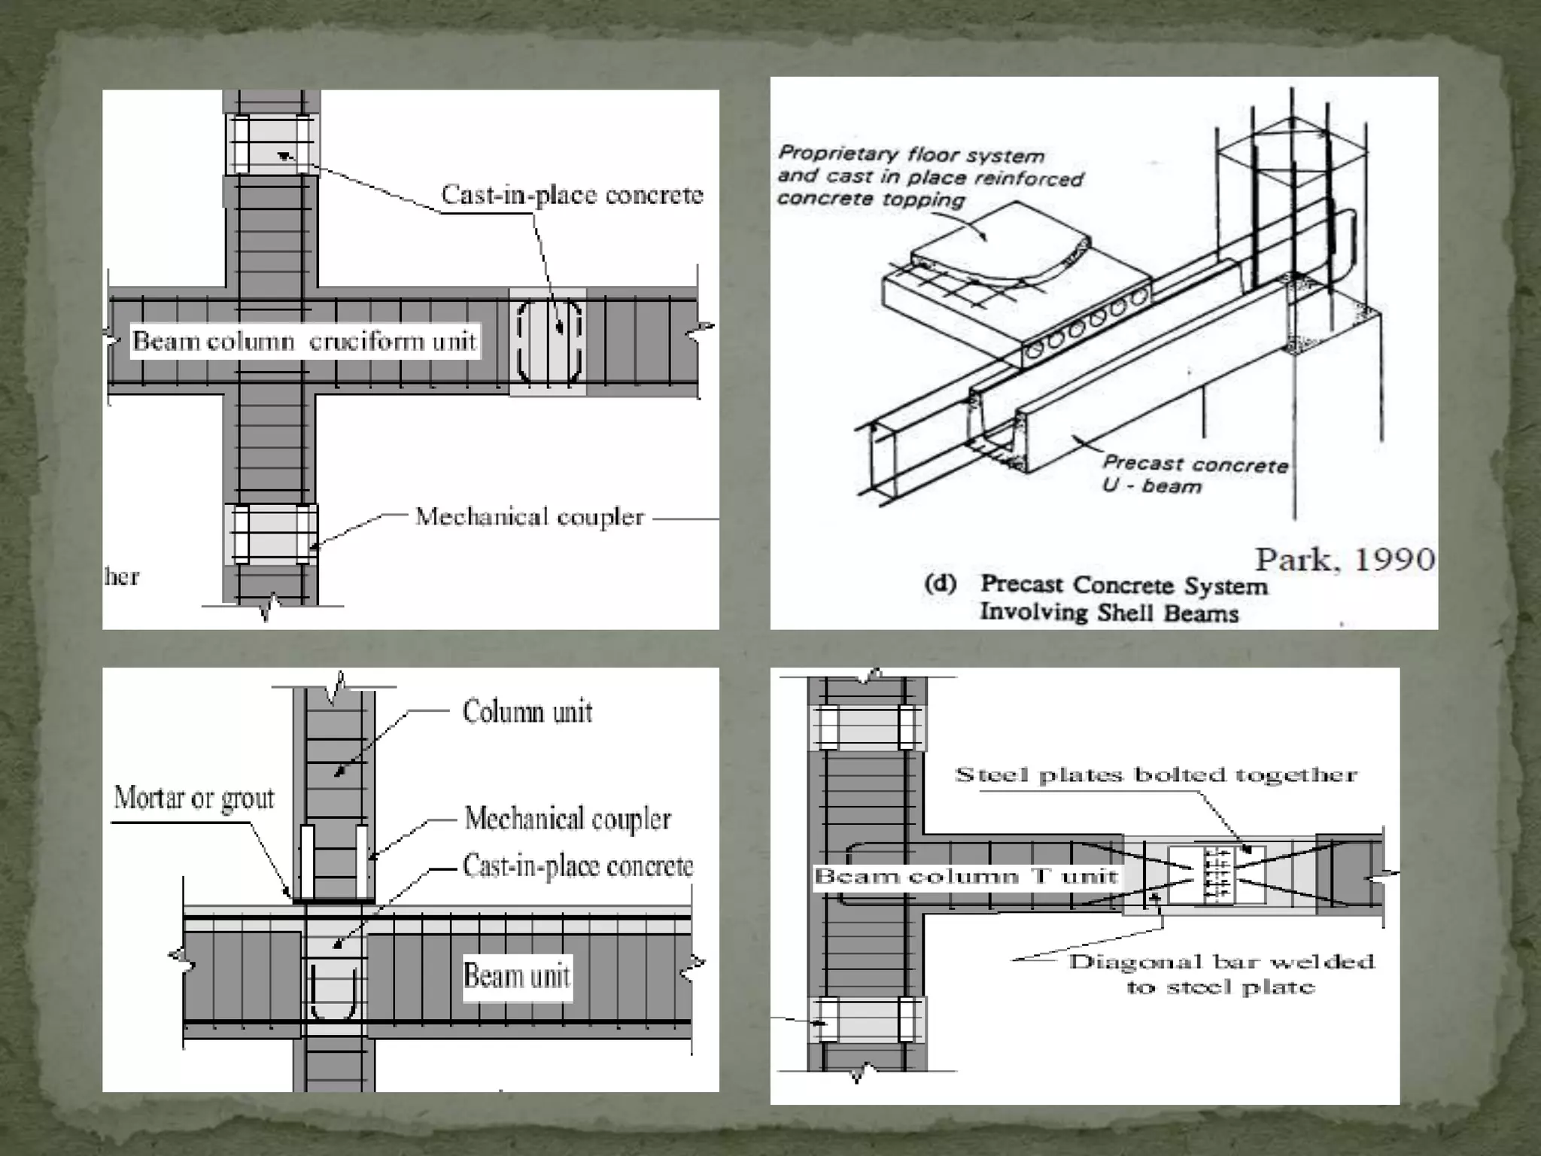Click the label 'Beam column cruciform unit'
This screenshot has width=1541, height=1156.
(304, 341)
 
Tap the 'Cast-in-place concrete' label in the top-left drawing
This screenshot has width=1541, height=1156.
(572, 195)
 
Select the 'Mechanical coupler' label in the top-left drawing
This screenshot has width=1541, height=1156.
(530, 517)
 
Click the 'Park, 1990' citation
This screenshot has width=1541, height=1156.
(1345, 559)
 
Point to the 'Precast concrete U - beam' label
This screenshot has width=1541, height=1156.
(1194, 475)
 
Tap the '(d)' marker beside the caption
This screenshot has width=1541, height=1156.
(940, 584)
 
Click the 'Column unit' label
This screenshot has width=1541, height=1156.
(527, 712)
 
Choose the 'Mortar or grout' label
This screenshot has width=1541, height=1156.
(194, 799)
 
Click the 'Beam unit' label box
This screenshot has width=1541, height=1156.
(517, 976)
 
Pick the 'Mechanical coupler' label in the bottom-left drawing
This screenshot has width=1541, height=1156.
(567, 819)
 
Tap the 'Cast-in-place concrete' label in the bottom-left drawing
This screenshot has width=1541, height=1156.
(577, 866)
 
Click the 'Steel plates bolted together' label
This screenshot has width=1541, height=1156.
(1155, 775)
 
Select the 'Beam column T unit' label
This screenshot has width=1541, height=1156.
(965, 877)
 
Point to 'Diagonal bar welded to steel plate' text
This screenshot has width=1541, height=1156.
(1220, 974)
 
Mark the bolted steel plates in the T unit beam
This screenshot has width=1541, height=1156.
(1217, 875)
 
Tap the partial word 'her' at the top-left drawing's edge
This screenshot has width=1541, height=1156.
(122, 577)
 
